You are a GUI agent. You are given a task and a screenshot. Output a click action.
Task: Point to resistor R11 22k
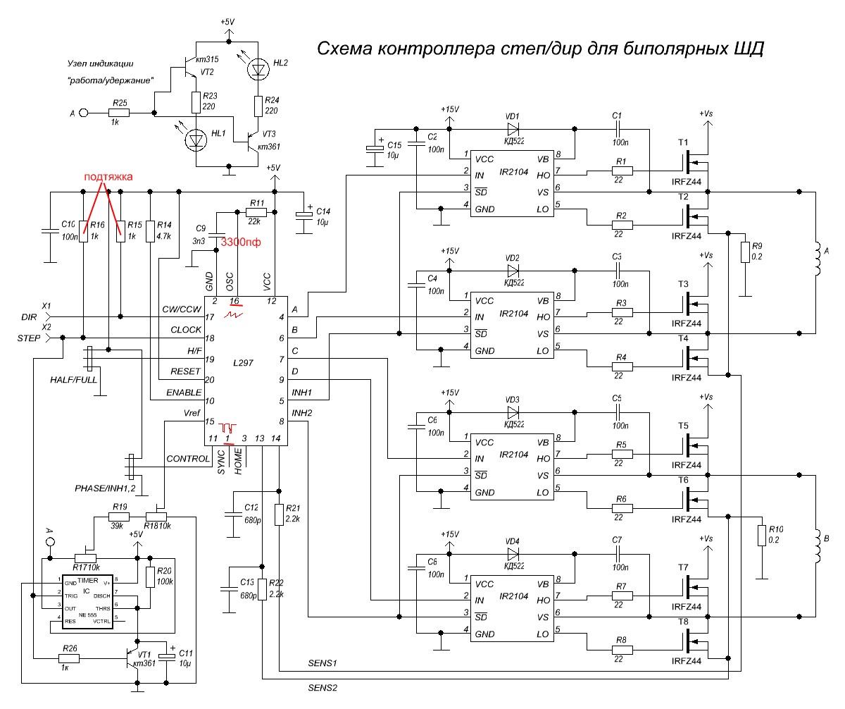click(256, 212)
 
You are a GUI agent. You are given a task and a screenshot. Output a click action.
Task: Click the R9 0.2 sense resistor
click(744, 252)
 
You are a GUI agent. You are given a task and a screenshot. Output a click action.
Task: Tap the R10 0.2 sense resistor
click(760, 535)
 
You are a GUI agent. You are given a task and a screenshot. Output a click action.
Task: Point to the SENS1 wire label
click(323, 663)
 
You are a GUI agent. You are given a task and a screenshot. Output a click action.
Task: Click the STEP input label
click(29, 338)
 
